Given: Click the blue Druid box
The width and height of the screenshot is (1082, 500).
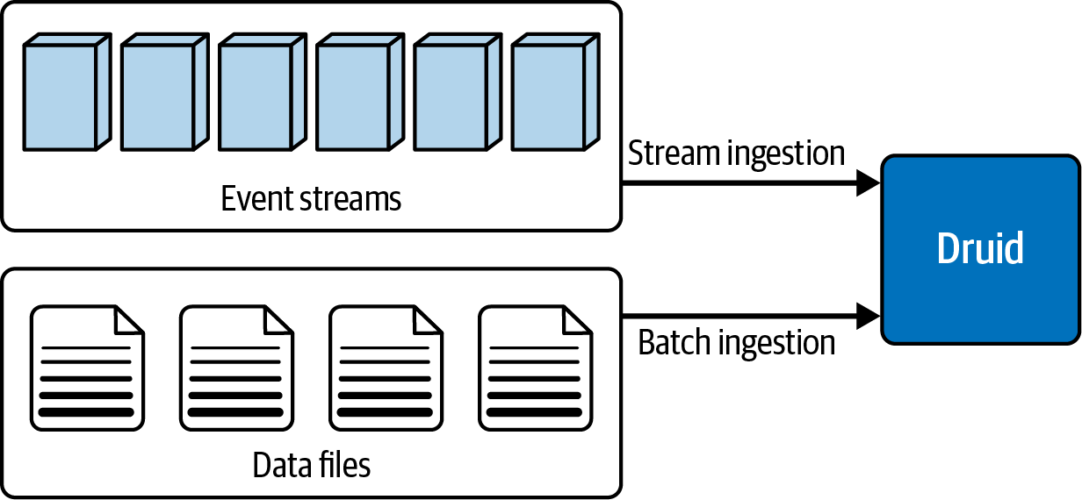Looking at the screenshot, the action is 980,249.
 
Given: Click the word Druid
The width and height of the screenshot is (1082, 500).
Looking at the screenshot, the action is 980,248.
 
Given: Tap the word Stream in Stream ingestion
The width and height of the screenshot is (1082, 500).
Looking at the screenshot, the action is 674,153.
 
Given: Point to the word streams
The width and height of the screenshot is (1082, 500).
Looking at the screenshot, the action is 350,199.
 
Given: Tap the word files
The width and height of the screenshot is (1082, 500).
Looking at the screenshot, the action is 344,464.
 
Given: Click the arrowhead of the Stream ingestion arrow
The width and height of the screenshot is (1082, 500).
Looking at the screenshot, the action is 868,183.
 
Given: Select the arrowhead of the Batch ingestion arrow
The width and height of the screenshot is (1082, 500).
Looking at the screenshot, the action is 868,316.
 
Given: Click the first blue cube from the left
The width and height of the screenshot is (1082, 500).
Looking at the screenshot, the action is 67,92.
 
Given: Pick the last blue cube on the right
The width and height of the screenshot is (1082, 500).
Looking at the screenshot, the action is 555,92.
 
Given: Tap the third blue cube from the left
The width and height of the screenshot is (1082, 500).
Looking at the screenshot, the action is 263,92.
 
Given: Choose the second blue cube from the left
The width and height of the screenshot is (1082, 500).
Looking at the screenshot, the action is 165,92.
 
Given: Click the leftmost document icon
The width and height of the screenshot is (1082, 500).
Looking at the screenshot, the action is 87,368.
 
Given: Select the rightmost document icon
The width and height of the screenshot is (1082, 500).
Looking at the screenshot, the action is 535,368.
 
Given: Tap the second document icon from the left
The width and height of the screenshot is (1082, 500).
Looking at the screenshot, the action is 236,368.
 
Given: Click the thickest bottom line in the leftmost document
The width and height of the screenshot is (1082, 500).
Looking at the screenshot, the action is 86,412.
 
